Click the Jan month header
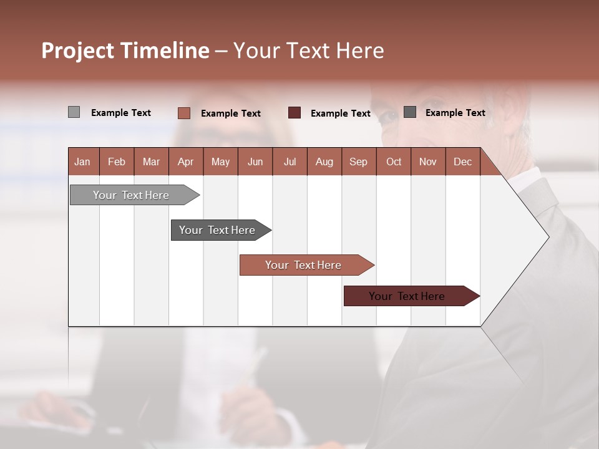click(82, 162)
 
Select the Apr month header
click(185, 162)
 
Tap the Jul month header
click(290, 162)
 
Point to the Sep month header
click(358, 162)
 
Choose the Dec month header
click(462, 162)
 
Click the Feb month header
click(117, 162)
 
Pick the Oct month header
click(394, 162)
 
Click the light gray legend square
click(74, 112)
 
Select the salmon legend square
click(183, 113)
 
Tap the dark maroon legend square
click(295, 113)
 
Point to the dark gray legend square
click(410, 112)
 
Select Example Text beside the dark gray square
click(455, 113)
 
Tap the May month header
click(220, 162)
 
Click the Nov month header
click(428, 162)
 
